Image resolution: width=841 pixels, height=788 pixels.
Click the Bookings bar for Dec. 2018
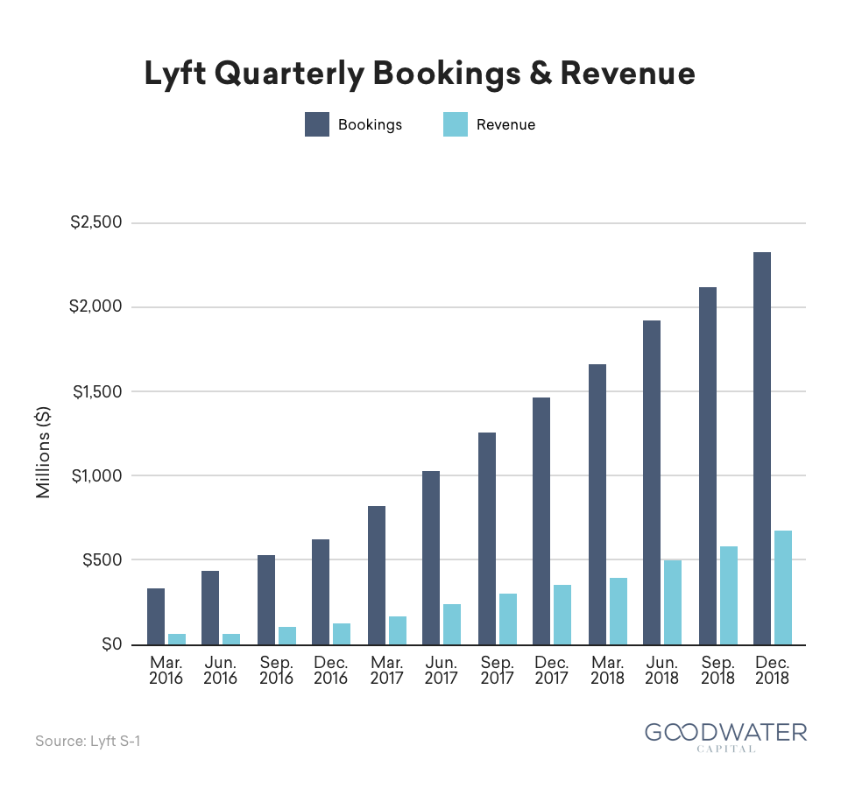[761, 448]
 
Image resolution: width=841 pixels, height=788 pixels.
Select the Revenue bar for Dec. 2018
[782, 587]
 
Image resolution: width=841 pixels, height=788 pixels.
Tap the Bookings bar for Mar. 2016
[156, 616]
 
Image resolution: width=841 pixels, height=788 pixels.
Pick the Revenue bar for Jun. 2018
[673, 602]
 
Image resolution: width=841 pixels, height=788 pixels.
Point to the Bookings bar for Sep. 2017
[487, 538]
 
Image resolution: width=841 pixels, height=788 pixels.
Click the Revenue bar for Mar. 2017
[398, 630]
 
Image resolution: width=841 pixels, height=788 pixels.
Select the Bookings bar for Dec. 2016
[321, 592]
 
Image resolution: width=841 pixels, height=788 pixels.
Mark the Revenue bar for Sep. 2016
[287, 636]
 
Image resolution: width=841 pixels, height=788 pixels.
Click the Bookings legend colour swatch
[317, 124]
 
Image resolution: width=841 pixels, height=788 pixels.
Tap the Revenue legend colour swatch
[456, 124]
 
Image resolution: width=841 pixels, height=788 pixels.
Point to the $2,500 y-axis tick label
[96, 222]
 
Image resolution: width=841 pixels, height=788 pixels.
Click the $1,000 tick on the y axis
[97, 475]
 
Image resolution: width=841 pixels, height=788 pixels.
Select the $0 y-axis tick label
[112, 644]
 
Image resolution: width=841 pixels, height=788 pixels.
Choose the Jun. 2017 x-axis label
[441, 670]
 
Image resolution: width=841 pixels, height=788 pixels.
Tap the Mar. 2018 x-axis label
[607, 670]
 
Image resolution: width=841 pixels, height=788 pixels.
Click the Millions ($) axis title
[43, 453]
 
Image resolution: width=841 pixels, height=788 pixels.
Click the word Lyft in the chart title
[175, 74]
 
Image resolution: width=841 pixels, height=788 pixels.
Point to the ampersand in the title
[541, 73]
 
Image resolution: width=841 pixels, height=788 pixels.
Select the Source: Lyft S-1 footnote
[88, 741]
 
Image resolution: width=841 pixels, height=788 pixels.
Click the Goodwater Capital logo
[725, 736]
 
